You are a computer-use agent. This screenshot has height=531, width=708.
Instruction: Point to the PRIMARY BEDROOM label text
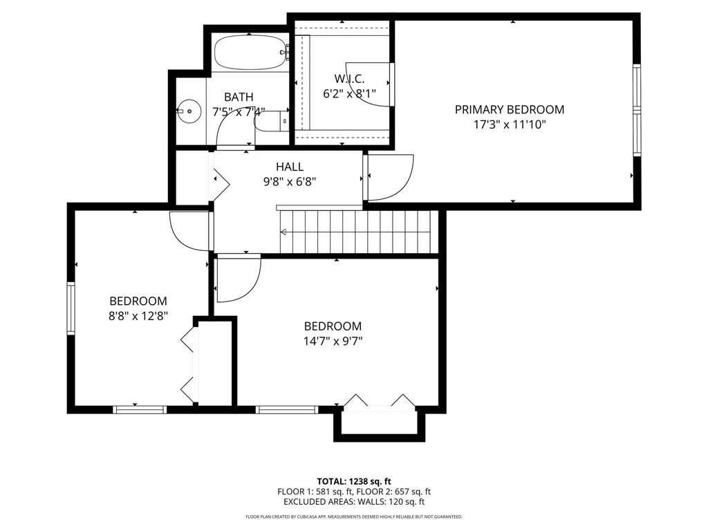pyautogui.click(x=509, y=109)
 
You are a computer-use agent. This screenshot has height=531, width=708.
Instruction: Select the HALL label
pyautogui.click(x=290, y=167)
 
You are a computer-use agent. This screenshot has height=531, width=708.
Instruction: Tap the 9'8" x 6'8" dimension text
pyautogui.click(x=290, y=182)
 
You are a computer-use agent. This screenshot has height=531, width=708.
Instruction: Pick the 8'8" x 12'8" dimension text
pyautogui.click(x=138, y=316)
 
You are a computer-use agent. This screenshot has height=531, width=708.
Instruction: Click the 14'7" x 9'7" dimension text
pyautogui.click(x=333, y=341)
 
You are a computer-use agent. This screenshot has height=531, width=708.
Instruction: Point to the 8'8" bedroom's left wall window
pyautogui.click(x=71, y=308)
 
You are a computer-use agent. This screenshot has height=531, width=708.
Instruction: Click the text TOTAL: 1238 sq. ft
pyautogui.click(x=354, y=481)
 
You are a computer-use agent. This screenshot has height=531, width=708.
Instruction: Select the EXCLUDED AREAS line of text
pyautogui.click(x=354, y=502)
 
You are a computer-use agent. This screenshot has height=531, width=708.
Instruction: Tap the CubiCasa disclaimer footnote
pyautogui.click(x=354, y=517)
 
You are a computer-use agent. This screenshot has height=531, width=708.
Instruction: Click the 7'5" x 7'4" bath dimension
pyautogui.click(x=238, y=112)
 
